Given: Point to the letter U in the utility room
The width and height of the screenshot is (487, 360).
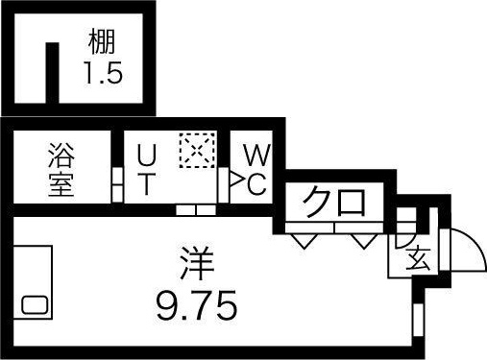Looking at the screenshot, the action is (145, 154).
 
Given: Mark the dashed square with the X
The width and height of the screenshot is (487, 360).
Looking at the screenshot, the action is (194, 151).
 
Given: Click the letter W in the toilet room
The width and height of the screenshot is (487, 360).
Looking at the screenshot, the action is (255, 154).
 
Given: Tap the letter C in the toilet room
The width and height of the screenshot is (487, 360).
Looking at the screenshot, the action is (256, 184).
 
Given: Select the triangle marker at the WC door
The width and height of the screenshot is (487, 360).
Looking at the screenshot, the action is (234, 178).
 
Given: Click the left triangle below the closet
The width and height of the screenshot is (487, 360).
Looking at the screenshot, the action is (304, 239).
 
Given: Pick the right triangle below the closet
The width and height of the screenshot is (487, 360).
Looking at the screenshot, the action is (361, 239).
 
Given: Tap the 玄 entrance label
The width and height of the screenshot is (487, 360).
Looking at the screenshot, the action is (417, 258).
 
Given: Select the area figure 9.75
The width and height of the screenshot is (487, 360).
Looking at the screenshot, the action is (196, 307).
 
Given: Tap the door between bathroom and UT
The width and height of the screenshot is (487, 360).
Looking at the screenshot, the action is (115, 179).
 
